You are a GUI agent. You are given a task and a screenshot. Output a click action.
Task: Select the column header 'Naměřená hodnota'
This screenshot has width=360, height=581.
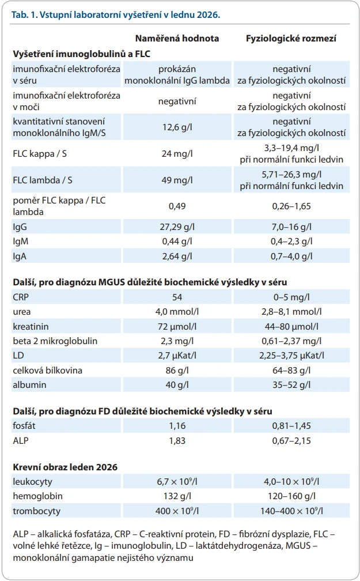pos(177,38)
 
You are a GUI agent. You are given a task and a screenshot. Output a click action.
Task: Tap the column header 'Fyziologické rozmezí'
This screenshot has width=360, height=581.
pos(291,38)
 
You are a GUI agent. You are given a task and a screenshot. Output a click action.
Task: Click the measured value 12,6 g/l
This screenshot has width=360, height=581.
pos(177,127)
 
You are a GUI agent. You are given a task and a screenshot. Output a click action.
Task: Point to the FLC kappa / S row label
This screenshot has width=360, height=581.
pos(40,153)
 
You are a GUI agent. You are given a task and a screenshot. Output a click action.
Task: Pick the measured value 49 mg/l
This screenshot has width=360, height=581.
pos(177,180)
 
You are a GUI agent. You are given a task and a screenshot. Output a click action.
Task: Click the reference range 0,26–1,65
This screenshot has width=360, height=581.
pos(291,206)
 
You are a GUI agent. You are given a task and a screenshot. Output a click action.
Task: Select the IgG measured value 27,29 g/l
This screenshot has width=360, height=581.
pos(177,227)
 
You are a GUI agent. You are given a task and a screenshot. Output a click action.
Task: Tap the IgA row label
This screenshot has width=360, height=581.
pos(20,256)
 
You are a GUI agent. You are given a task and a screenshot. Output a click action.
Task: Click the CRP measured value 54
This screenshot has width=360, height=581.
pos(177,297)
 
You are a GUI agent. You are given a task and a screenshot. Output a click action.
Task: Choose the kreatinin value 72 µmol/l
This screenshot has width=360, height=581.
pos(177,326)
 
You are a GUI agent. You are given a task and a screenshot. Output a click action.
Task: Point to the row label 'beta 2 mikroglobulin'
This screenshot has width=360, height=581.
pos(55,341)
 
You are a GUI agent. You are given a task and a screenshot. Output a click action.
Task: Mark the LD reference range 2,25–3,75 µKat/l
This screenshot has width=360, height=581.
pos(291,355)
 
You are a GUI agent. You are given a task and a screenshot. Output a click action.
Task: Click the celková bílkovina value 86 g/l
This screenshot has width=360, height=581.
pos(177,370)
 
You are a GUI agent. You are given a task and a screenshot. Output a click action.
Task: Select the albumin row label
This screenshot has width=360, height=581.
pos(29,384)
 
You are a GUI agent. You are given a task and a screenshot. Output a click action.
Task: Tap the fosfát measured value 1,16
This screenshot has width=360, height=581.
pos(177,426)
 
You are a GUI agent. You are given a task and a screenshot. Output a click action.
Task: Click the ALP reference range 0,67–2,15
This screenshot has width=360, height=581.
pos(291,440)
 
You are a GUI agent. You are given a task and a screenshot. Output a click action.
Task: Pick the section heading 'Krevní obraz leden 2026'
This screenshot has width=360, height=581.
pos(65,467)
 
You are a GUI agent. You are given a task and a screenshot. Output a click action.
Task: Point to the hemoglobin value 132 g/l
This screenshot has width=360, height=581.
pos(177,496)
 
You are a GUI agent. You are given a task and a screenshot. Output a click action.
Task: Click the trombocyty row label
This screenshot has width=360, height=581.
pos(37,511)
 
